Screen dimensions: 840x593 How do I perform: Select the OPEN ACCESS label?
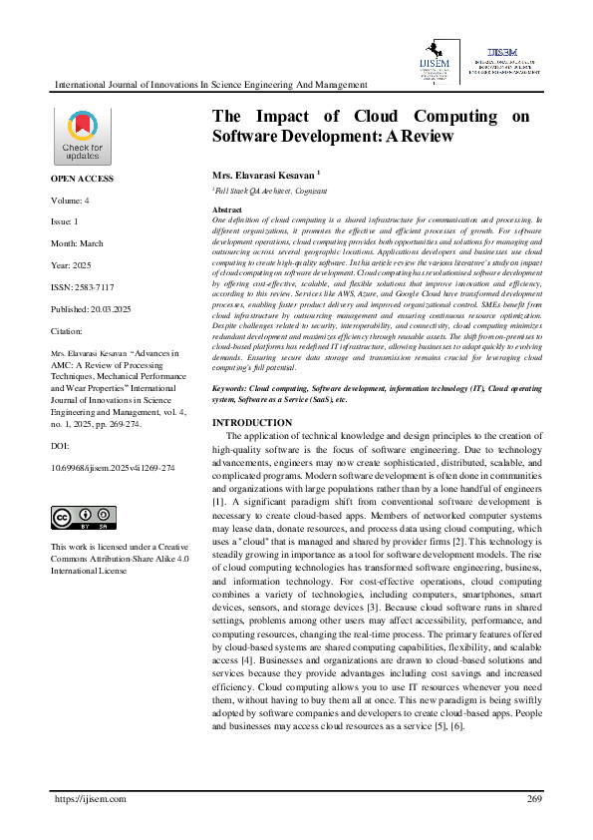83,179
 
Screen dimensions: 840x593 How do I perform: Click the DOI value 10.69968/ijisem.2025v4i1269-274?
113,467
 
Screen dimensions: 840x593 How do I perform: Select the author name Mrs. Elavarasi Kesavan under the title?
264,174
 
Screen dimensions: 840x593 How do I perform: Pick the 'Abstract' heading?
227,210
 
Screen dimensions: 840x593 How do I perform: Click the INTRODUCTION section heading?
253,423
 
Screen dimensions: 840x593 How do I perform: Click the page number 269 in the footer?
533,799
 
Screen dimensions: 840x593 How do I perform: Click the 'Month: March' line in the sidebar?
77,243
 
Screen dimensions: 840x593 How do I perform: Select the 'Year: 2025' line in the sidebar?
73,264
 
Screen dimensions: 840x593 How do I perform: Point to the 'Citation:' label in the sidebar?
67,330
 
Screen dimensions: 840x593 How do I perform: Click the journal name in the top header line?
210,86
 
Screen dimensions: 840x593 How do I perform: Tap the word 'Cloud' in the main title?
392,116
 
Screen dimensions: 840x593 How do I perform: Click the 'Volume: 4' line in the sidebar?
71,201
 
